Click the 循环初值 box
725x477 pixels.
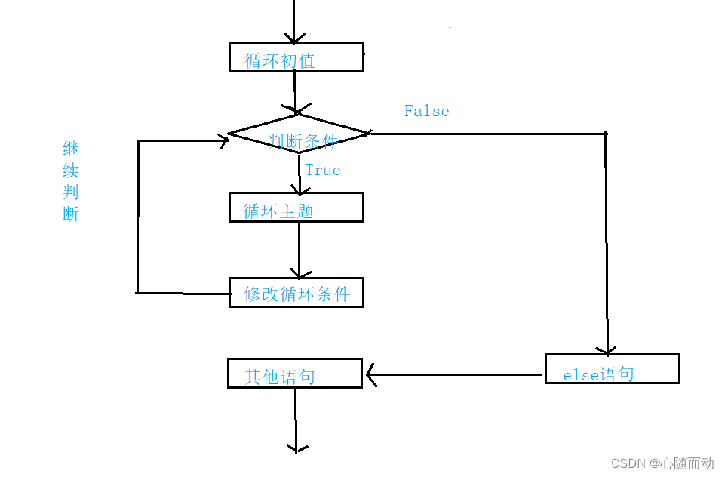click(x=296, y=57)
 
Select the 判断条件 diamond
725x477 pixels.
click(x=299, y=134)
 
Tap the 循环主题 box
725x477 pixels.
click(x=296, y=208)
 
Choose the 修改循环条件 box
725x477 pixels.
click(x=296, y=292)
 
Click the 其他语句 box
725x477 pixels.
click(x=294, y=374)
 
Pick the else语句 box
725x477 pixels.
click(x=612, y=369)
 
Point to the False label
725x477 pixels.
click(x=426, y=111)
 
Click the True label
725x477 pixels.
click(x=323, y=171)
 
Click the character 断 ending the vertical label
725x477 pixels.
click(x=71, y=214)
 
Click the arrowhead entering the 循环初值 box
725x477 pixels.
click(x=294, y=38)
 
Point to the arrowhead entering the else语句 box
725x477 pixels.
click(x=606, y=349)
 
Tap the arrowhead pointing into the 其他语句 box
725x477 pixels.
click(x=370, y=374)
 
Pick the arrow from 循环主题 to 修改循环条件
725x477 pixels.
click(x=299, y=249)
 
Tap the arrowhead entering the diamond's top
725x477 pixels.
click(x=295, y=109)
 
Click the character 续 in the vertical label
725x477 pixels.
click(x=71, y=169)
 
